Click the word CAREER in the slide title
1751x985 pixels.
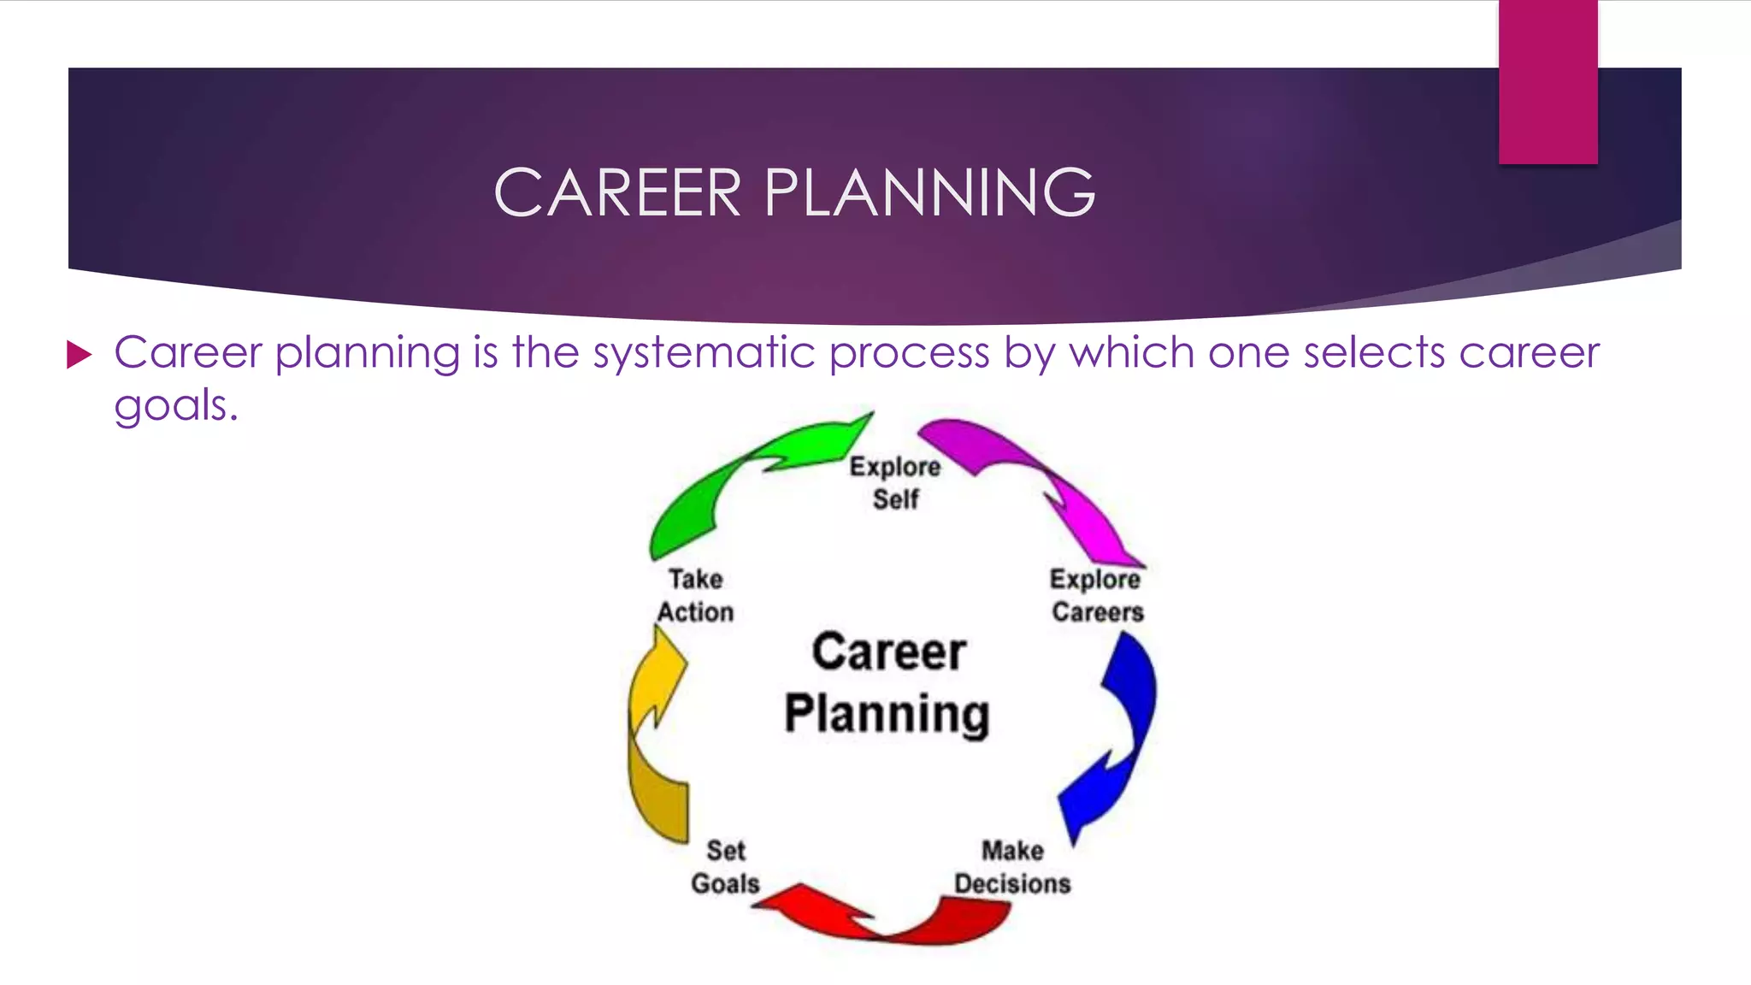(617, 193)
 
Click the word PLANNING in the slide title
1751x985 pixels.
(929, 193)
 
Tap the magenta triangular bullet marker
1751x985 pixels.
(79, 354)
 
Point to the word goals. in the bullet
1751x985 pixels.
(175, 405)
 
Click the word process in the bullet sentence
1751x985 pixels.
(909, 354)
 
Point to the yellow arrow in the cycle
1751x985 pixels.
(654, 735)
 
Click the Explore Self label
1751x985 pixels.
(895, 483)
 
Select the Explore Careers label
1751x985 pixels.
(1097, 595)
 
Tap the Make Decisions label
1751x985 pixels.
(1012, 867)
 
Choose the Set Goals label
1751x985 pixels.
(725, 867)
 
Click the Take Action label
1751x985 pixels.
(695, 595)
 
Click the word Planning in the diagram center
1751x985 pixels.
(887, 714)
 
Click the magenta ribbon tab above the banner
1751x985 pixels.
(1548, 81)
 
